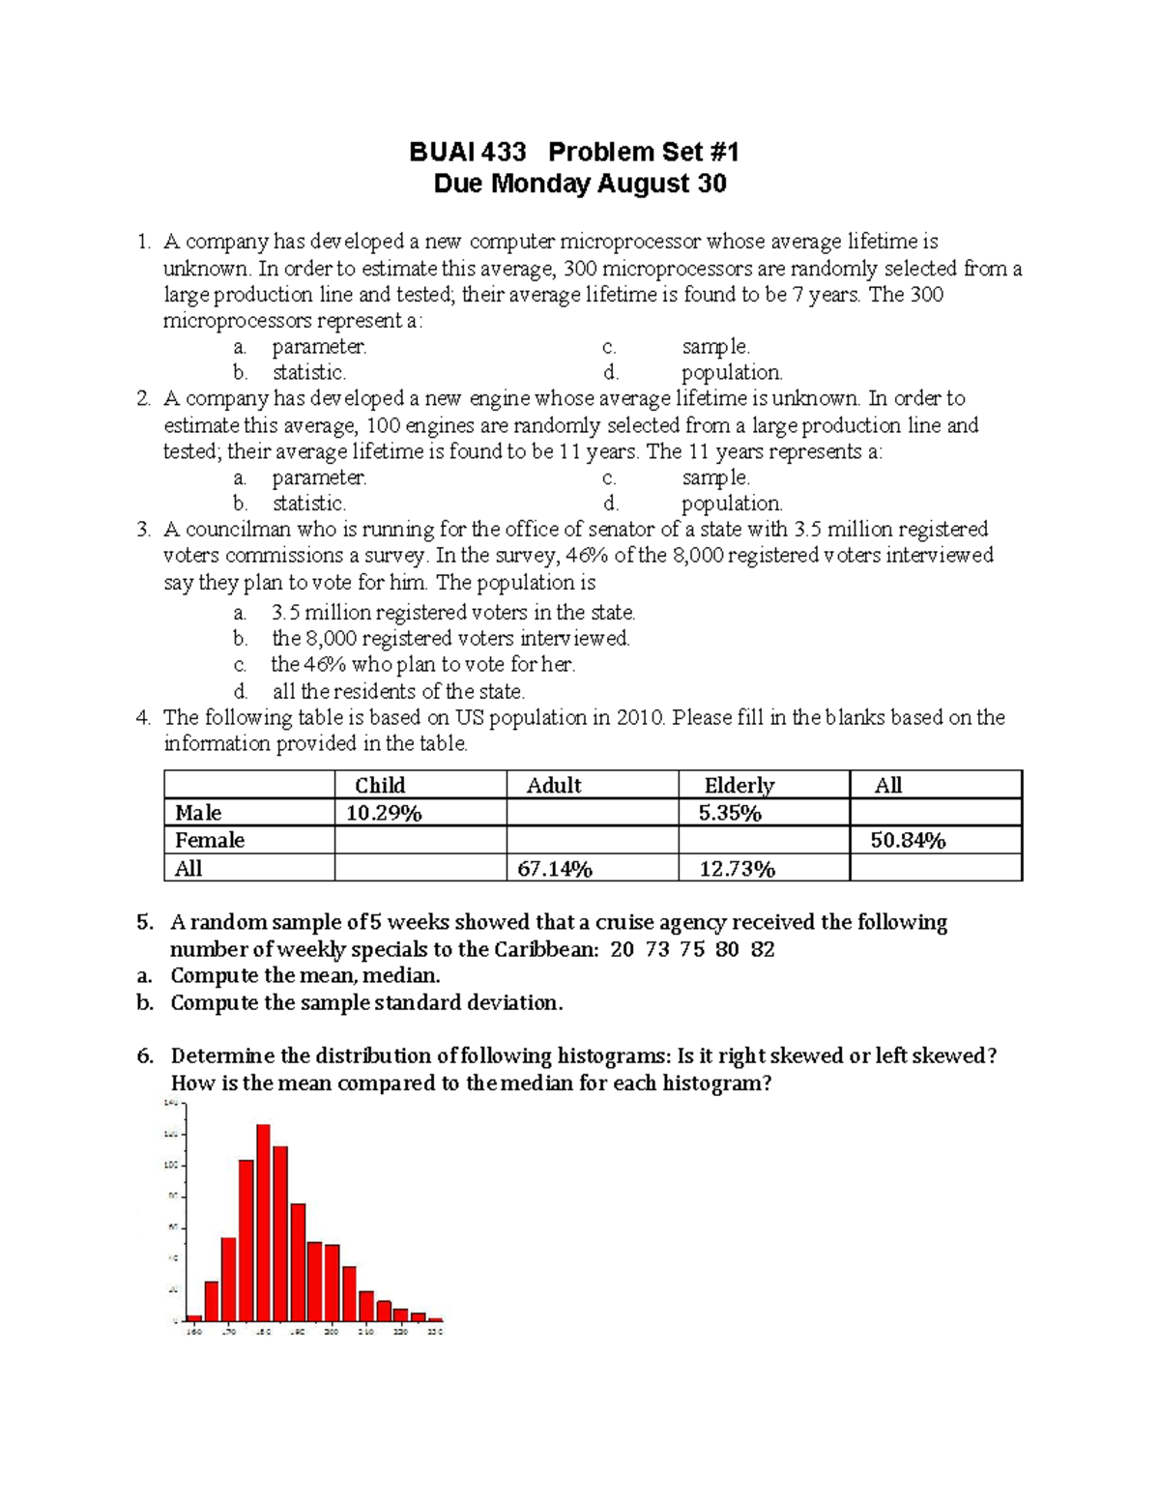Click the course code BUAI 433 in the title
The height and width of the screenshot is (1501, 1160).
point(467,152)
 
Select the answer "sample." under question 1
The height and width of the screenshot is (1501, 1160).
point(715,346)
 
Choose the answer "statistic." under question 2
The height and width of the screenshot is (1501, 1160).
point(308,504)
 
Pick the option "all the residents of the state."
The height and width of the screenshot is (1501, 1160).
point(398,691)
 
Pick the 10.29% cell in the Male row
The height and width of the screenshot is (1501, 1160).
point(384,813)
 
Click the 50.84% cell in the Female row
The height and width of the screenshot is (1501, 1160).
point(908,840)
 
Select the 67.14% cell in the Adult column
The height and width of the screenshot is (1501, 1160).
point(554,869)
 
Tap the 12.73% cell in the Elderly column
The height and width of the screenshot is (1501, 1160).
point(737,869)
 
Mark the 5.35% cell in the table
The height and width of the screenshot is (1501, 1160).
point(730,813)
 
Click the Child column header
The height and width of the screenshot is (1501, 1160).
point(380,785)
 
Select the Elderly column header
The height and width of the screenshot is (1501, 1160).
point(739,785)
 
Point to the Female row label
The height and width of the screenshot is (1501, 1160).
point(210,840)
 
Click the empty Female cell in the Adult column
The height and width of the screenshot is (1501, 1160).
point(592,840)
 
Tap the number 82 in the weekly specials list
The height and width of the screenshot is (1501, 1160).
point(763,949)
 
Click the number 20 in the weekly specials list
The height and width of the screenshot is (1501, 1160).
point(623,949)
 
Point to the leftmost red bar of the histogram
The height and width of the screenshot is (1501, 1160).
point(194,1316)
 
